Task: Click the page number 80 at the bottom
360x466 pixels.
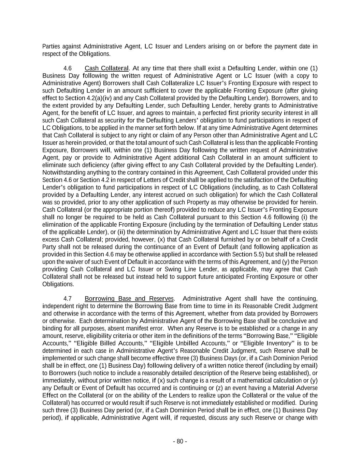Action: pos(180,441)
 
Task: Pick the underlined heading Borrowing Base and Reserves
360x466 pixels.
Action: pos(129,299)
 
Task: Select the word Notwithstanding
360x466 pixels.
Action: pos(63,172)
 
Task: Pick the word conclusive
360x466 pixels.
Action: pos(295,321)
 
